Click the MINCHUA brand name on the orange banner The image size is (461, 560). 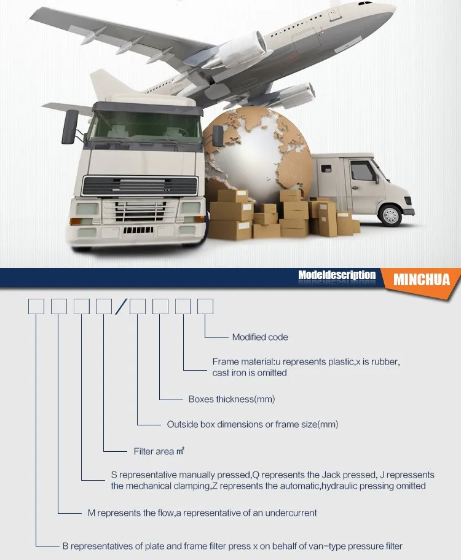(x=422, y=280)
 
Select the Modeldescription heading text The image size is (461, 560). (x=336, y=275)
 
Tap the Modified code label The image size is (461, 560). (x=260, y=337)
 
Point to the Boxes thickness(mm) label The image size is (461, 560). (x=232, y=399)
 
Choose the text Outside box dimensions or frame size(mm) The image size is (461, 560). (x=253, y=424)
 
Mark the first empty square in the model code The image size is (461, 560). (x=36, y=306)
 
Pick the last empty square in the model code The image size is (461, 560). (x=205, y=306)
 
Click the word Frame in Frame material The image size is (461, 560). (x=224, y=362)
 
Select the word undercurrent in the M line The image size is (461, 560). (x=292, y=512)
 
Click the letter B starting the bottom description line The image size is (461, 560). (x=66, y=545)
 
